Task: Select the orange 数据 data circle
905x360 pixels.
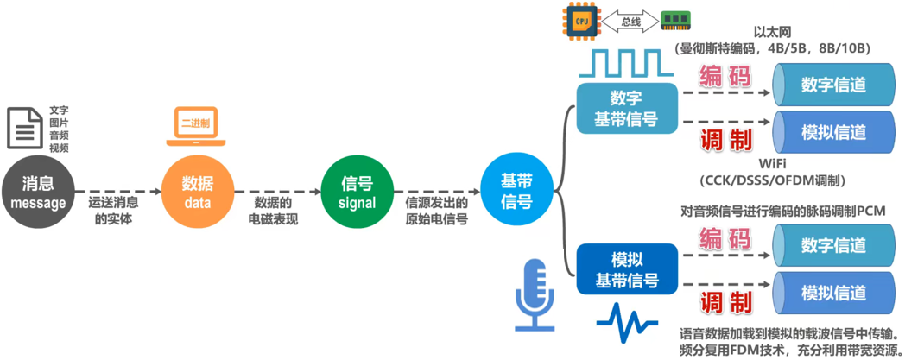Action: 198,192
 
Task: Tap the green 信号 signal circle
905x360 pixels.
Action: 358,192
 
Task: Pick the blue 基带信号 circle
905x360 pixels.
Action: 516,192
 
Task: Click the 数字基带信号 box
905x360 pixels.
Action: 624,109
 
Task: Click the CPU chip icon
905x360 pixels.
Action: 580,19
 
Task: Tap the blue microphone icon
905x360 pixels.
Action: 535,294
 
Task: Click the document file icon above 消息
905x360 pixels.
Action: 25,129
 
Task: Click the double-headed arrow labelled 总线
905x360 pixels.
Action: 630,20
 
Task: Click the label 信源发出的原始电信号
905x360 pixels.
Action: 437,211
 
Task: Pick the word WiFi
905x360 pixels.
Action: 772,163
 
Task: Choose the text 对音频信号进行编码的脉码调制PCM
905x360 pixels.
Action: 783,210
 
